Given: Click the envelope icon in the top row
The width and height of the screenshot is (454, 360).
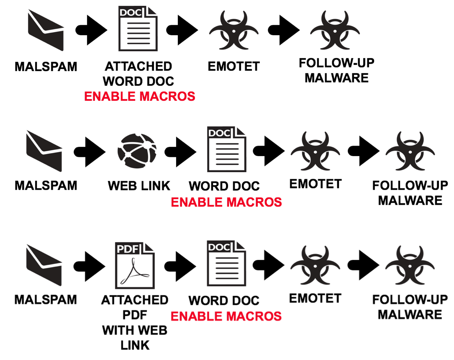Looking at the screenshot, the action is [x=46, y=30].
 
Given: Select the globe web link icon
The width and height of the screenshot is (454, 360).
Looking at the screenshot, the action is [x=137, y=151].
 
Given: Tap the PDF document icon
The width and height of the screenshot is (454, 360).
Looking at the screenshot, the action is [x=135, y=265].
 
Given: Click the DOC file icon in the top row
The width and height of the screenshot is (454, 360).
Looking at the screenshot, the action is [x=138, y=28].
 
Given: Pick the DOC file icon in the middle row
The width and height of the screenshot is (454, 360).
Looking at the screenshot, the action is [x=227, y=149].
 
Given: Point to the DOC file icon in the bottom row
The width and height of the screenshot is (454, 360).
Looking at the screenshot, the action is [x=226, y=263].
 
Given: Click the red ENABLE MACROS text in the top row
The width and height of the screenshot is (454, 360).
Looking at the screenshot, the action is [x=140, y=96].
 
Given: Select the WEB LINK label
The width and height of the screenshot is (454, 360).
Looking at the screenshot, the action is [x=139, y=186].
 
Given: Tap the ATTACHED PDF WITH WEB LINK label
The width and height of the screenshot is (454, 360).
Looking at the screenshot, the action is [x=135, y=322].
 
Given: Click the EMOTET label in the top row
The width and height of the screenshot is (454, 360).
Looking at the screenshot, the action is [x=233, y=66].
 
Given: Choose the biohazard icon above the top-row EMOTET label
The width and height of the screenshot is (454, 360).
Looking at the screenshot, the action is [x=233, y=30].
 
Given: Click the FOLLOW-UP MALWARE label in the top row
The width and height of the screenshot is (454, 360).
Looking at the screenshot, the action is [x=336, y=70].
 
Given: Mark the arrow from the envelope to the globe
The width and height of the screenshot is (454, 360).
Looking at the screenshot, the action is [x=90, y=152].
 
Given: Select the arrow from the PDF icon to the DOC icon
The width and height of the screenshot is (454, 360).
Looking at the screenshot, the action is [x=180, y=267].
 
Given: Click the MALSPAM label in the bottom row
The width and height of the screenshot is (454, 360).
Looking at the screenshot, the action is [x=46, y=299].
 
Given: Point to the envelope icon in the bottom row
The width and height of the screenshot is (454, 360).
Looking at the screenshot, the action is [x=44, y=265].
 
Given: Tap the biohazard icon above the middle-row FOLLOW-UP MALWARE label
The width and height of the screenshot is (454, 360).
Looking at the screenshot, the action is [x=410, y=151].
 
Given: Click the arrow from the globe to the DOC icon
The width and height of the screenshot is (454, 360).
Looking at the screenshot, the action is [x=180, y=152].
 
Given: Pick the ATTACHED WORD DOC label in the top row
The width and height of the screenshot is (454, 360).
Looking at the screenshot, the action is [x=139, y=74].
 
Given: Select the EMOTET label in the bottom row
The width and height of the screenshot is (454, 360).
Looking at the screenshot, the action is [x=315, y=298].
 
